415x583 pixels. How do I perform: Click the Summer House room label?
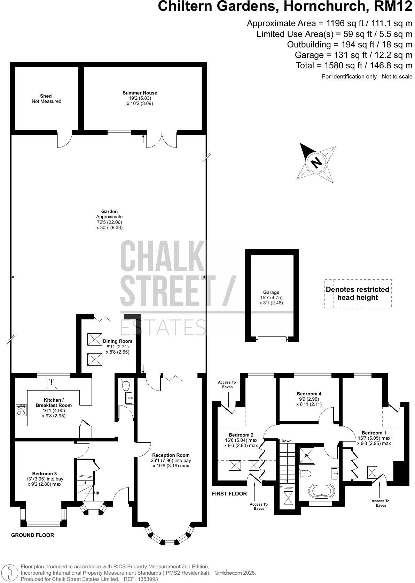[x=140, y=93]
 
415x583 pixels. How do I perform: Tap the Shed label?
[x=46, y=96]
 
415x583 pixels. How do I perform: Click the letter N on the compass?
[x=316, y=162]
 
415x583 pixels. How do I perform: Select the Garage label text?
[x=271, y=293]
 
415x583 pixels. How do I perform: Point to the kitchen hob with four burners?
[x=21, y=409]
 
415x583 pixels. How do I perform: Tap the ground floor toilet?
[x=126, y=385]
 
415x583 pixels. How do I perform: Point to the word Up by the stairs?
[x=96, y=493]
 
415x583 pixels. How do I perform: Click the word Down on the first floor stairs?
[x=286, y=441]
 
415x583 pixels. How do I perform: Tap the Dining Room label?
[x=117, y=341]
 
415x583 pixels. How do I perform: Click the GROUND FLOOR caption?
[x=33, y=535]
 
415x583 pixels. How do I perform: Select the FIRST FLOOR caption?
[x=229, y=493]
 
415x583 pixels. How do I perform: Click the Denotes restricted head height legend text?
[x=357, y=293]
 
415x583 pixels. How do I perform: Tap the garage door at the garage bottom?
[x=272, y=339]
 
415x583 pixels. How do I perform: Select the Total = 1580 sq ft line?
[x=354, y=65]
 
